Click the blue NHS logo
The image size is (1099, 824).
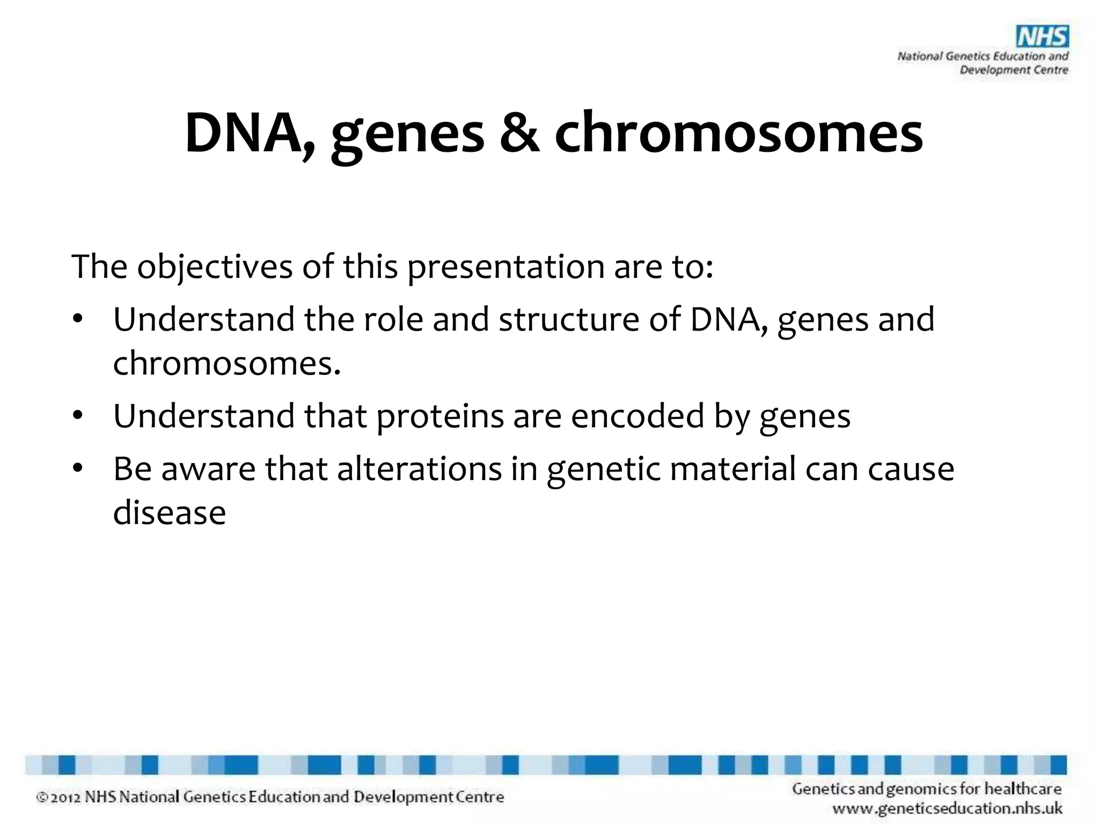pyautogui.click(x=1042, y=38)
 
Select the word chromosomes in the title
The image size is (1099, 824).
pyautogui.click(x=738, y=133)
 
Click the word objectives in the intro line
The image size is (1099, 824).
pyautogui.click(x=214, y=267)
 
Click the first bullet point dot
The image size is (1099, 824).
pyautogui.click(x=78, y=320)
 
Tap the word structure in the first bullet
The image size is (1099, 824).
pyautogui.click(x=569, y=320)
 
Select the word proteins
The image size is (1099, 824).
pyautogui.click(x=440, y=416)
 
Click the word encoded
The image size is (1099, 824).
pyautogui.click(x=637, y=416)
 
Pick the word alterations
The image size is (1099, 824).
pyautogui.click(x=419, y=469)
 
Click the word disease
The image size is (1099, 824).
pyautogui.click(x=170, y=513)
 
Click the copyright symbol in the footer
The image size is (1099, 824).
pyautogui.click(x=42, y=798)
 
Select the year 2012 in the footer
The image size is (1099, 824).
pyautogui.click(x=65, y=798)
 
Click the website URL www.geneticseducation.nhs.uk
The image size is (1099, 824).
pyautogui.click(x=947, y=808)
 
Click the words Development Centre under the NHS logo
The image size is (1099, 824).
pyautogui.click(x=1014, y=70)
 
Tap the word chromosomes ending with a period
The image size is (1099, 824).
pyautogui.click(x=226, y=363)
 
